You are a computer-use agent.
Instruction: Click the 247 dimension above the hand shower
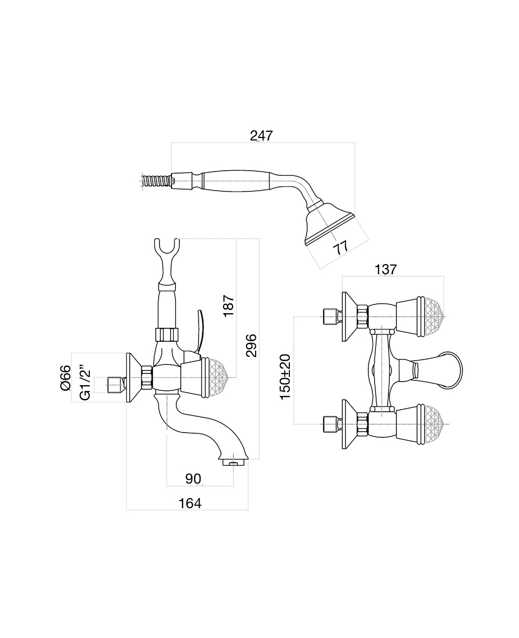coord(261,136)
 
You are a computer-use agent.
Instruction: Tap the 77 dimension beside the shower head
coord(340,247)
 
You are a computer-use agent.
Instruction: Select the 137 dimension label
coord(385,269)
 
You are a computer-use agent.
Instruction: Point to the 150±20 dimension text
coord(285,376)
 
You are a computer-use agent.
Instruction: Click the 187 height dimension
coord(229,305)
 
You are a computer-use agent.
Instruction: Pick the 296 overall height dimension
coord(251,346)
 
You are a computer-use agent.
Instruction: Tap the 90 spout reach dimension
coord(193,479)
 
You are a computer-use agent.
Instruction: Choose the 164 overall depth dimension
coord(190,503)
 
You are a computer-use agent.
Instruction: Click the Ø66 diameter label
coord(65,378)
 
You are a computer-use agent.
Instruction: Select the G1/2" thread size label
coord(85,381)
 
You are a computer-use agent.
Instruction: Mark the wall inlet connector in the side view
coord(116,384)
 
